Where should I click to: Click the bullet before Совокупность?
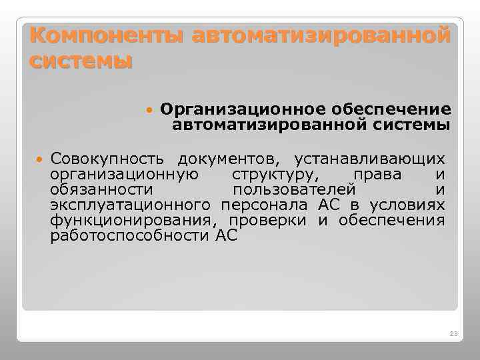pos(39,160)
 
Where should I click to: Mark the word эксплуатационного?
pos(131,205)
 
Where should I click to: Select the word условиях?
pos(407,205)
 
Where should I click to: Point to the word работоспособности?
pos(130,236)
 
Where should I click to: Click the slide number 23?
pos(455,333)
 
